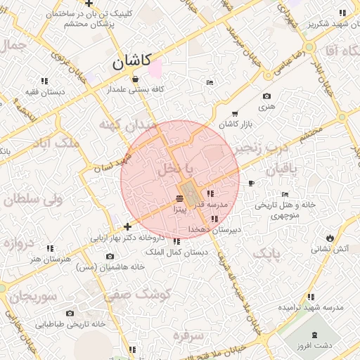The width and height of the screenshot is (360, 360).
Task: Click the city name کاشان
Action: click(131, 62)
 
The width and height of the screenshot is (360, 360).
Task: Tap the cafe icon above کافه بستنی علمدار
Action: click(134, 79)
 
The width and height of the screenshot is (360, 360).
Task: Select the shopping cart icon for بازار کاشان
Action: click(234, 113)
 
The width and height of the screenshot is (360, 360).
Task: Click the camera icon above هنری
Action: click(266, 96)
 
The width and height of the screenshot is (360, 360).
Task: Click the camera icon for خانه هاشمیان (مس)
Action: click(108, 257)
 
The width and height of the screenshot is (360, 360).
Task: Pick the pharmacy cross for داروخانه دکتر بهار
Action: click(127, 226)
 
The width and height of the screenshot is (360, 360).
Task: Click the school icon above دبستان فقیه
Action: click(44, 81)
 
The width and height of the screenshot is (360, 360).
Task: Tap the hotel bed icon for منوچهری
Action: click(284, 195)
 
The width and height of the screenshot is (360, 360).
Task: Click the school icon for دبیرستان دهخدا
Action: click(214, 219)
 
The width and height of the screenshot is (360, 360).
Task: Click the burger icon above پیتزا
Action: click(180, 199)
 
